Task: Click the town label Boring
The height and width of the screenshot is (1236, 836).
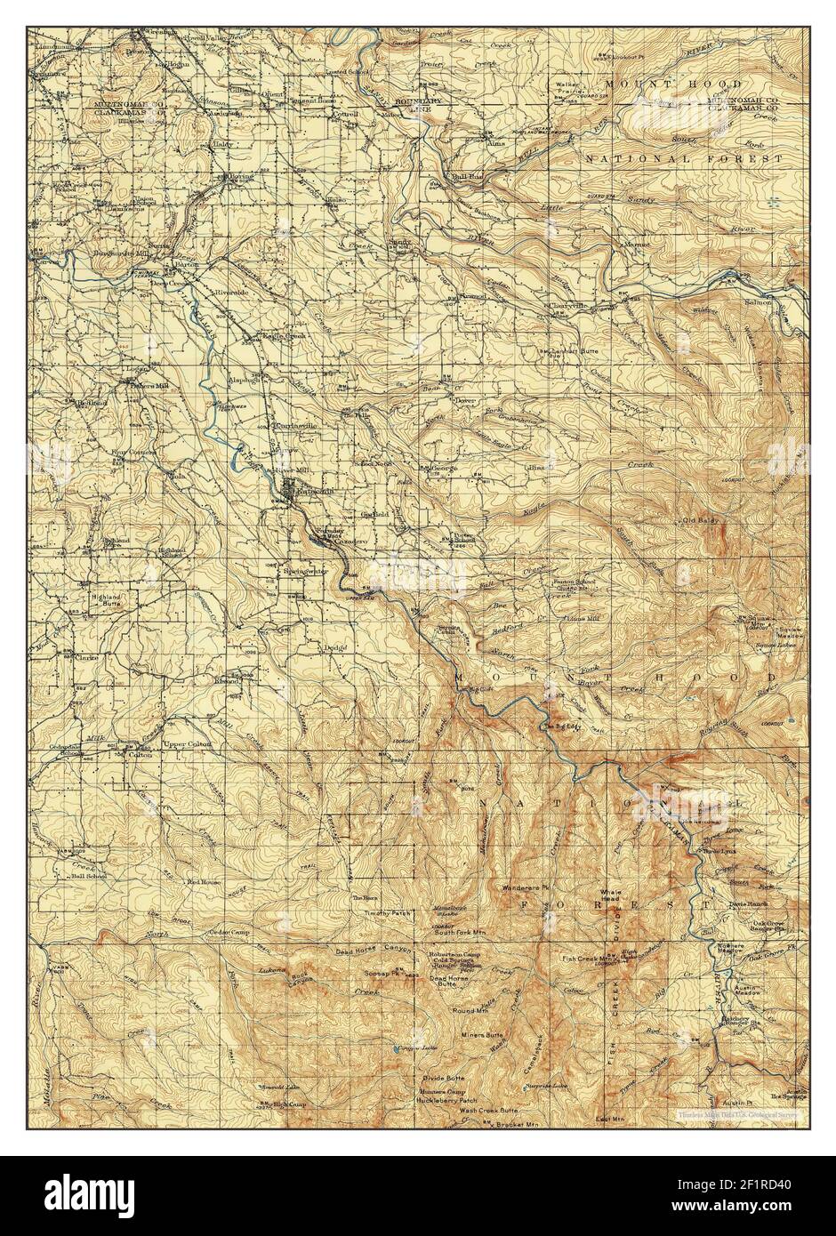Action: (241, 177)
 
